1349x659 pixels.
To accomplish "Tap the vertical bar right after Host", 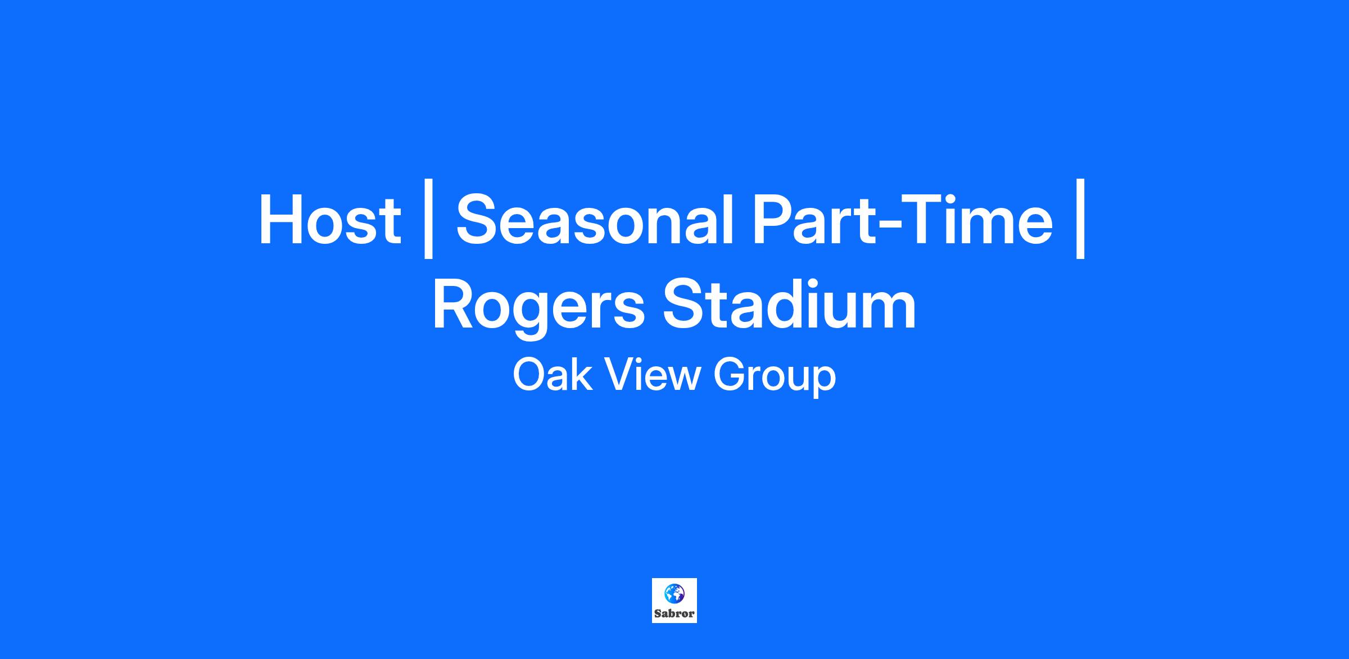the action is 428,219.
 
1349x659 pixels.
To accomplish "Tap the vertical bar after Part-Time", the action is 1080,219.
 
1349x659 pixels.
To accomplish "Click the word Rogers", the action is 538,308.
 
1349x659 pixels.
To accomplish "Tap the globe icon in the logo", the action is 674,593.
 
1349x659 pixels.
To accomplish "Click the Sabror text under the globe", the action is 674,613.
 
